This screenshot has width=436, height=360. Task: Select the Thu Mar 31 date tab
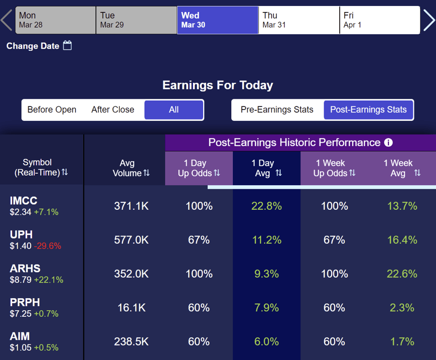[299, 20]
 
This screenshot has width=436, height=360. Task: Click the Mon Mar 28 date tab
[56, 20]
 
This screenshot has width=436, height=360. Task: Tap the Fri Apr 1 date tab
[380, 20]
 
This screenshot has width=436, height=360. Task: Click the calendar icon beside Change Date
[67, 45]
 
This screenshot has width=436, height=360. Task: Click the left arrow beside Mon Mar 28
[7, 20]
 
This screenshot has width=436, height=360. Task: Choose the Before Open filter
[52, 109]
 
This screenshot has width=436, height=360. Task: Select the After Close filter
[112, 109]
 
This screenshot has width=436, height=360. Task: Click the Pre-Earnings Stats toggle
[277, 109]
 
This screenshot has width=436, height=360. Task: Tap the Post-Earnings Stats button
[368, 109]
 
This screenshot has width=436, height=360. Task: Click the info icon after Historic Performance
[388, 143]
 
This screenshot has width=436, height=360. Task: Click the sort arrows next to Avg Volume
[147, 173]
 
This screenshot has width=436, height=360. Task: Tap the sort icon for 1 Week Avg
[417, 173]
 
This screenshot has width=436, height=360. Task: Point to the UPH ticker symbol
[21, 234]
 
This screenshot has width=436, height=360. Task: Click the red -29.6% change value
[48, 246]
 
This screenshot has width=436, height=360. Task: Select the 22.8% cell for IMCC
[266, 206]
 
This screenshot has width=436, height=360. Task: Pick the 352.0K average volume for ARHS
[131, 274]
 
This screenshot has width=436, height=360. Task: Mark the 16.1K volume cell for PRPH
[131, 308]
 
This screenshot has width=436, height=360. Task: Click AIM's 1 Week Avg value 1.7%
[402, 341]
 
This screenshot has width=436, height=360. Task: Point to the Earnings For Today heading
[218, 85]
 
